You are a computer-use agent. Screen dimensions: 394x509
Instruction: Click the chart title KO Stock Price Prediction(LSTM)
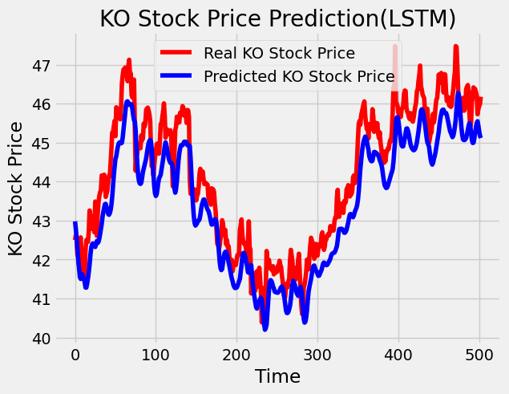[x=277, y=18]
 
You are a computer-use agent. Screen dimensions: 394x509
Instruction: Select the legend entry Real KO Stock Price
[x=279, y=54]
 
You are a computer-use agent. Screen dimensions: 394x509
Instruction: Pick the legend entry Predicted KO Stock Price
[x=299, y=77]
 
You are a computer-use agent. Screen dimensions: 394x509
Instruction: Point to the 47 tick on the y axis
[x=42, y=65]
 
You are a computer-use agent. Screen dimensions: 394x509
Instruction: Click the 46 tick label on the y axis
[x=42, y=104]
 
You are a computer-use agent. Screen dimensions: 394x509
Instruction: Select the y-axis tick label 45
[x=42, y=143]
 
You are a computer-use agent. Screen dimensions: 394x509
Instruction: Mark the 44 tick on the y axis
[x=42, y=182]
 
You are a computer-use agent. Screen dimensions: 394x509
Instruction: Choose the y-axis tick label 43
[x=42, y=221]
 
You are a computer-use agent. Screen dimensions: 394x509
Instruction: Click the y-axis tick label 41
[x=42, y=299]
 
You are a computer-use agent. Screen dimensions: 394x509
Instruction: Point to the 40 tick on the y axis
[x=42, y=338]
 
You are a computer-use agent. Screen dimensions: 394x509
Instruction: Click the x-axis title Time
[x=277, y=376]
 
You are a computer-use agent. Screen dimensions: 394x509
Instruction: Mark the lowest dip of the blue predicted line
[x=265, y=327]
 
